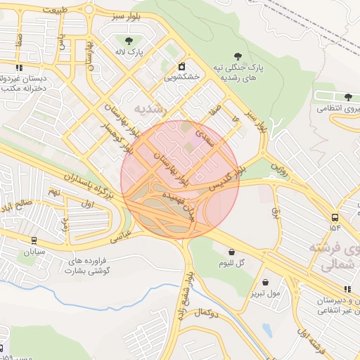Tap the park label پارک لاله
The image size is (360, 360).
129,52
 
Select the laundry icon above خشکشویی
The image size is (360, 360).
181,66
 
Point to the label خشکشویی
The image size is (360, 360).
181,77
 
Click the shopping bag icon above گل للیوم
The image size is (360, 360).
231,252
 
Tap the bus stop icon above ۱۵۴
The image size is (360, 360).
334,217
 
